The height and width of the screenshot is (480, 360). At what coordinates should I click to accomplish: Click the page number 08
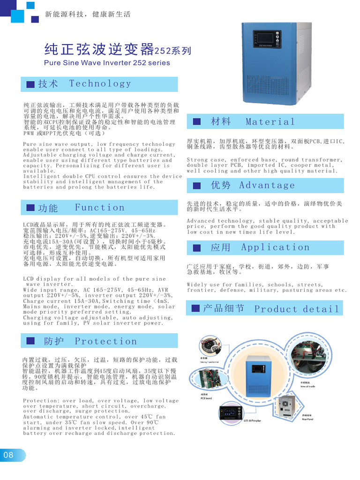[x=8, y=455]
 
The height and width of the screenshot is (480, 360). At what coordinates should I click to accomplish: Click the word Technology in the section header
[x=100, y=84]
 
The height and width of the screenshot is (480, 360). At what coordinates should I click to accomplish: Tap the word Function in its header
[x=99, y=208]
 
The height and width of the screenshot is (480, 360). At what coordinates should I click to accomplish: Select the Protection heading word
[x=106, y=341]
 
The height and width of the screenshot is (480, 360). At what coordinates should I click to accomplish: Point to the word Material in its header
[x=270, y=122]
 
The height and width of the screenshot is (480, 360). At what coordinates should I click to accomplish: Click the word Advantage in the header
[x=267, y=185]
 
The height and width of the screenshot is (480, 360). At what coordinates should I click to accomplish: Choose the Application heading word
[x=275, y=247]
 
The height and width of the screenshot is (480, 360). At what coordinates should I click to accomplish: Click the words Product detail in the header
[x=296, y=309]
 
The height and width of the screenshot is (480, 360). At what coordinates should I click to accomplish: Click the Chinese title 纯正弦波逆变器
[x=99, y=49]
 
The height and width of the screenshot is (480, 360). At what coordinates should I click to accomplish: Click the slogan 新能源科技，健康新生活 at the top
[x=88, y=15]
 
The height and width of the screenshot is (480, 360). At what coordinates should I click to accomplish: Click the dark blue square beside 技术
[x=30, y=84]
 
